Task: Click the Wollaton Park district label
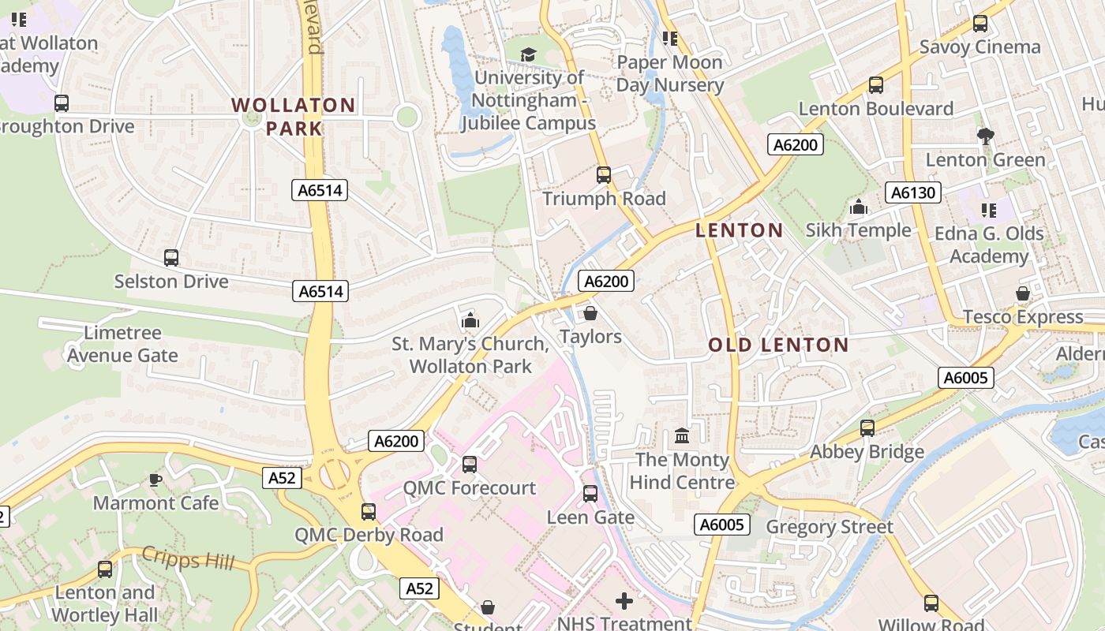pos(293,116)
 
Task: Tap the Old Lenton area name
pos(778,345)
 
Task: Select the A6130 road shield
pos(912,192)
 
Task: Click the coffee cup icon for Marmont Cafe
pos(155,480)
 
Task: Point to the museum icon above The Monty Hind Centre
pos(682,436)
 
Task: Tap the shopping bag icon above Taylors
pos(590,314)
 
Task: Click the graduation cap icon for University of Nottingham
pos(528,54)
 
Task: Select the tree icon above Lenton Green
pos(985,136)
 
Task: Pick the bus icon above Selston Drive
pos(171,258)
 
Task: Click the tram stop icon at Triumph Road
pos(604,175)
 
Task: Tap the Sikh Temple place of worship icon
pos(859,207)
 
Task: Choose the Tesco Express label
pos(1022,317)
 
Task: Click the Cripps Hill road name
pos(188,558)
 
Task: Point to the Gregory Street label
pos(830,527)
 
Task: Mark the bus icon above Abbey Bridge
pos(867,428)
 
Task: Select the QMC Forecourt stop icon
pos(470,465)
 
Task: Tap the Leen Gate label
pos(590,517)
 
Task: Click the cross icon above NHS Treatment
pos(624,601)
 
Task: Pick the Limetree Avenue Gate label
pos(122,344)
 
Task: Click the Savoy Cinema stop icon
pos(980,24)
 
